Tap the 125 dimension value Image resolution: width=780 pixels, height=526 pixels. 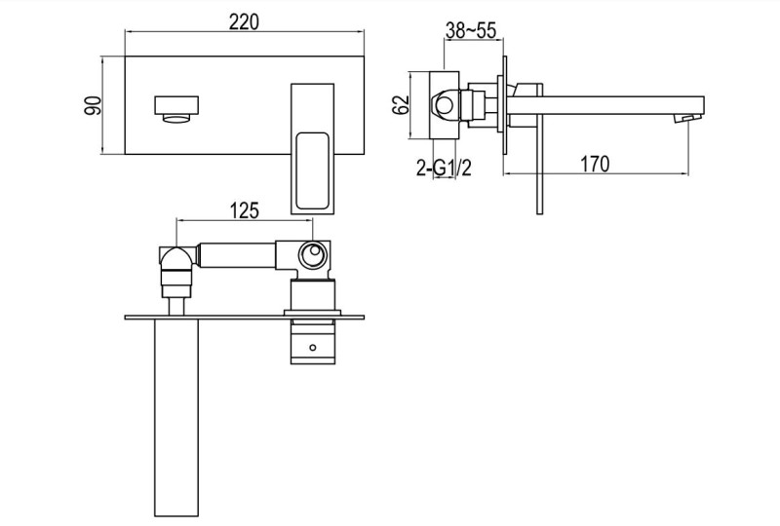[244, 208]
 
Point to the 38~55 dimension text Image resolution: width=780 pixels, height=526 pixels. [472, 31]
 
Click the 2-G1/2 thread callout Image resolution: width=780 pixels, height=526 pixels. [445, 169]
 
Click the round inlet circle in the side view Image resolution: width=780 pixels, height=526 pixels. [448, 104]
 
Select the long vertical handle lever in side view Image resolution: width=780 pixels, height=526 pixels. [537, 175]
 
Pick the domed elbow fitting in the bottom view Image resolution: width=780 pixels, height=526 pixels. [176, 260]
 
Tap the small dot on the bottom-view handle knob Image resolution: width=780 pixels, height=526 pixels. [313, 346]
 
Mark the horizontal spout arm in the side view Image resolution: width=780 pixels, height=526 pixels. [614, 102]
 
